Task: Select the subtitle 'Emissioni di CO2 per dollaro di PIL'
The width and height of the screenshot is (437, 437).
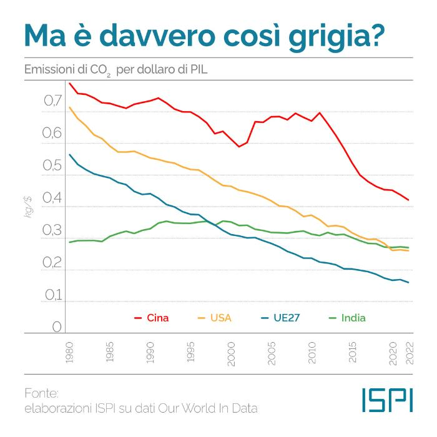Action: coord(115,69)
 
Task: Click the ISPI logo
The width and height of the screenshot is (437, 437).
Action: coord(387,400)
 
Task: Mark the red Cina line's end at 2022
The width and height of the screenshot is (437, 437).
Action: coord(408,200)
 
